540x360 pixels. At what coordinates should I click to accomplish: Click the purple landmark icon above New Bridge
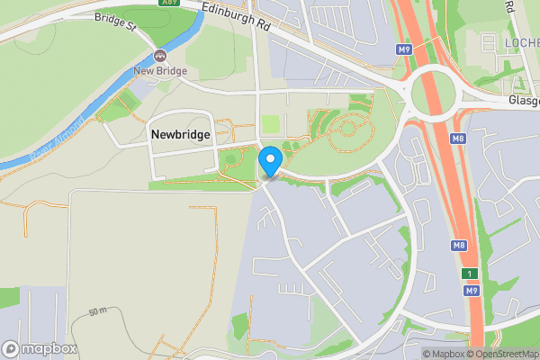160,56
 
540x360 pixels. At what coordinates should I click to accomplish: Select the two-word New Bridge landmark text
159,71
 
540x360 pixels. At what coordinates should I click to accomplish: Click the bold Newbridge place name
180,134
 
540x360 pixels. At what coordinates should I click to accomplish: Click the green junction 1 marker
469,274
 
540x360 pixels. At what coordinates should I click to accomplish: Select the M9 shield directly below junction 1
471,292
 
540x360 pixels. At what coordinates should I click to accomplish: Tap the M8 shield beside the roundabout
458,139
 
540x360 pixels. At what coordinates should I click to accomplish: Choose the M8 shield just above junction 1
458,246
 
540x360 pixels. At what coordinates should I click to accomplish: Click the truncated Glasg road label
523,102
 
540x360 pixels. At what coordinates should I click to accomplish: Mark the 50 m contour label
97,310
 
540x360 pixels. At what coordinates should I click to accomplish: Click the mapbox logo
40,349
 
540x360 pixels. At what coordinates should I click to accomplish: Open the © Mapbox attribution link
445,354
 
